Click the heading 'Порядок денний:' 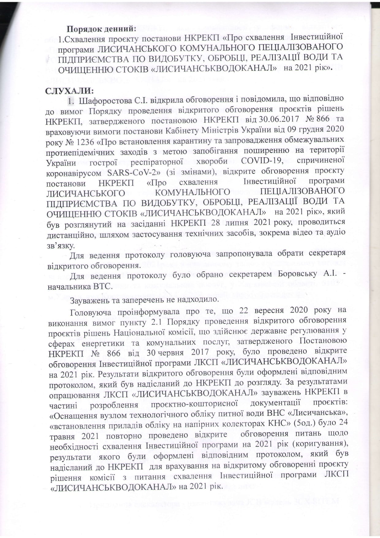click(x=101, y=29)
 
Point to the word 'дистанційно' click(x=72, y=232)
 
